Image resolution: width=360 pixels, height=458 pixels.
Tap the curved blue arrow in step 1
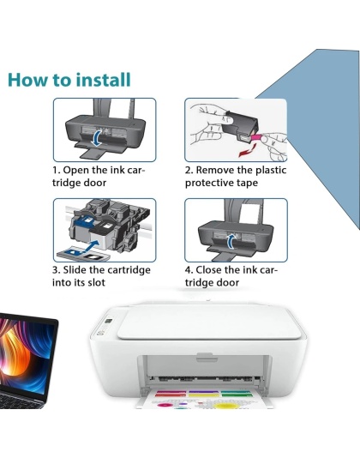tap(99, 137)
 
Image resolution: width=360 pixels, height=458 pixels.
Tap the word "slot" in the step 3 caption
tap(105, 283)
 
